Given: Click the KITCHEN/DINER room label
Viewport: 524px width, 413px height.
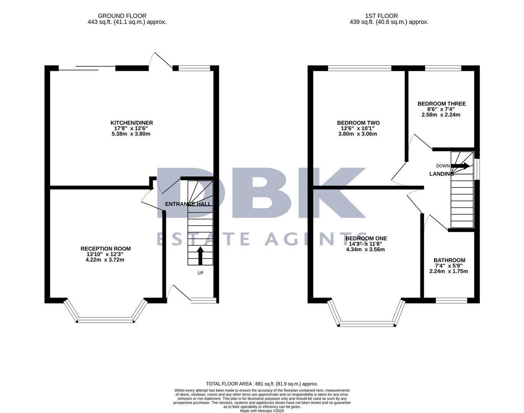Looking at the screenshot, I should (131, 123).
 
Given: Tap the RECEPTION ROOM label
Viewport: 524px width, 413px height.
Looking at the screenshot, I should (105, 249).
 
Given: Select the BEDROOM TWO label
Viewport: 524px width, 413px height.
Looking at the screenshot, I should (358, 123).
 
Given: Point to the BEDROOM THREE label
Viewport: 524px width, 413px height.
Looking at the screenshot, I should (441, 104).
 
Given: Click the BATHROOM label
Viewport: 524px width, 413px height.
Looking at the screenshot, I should (449, 260).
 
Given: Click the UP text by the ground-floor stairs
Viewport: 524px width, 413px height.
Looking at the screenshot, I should (200, 273).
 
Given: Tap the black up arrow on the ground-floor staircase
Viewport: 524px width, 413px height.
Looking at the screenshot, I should (200, 255).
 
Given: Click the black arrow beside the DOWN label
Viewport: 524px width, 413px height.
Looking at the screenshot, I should (460, 166).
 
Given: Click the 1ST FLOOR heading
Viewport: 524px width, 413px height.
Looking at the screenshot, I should (381, 16).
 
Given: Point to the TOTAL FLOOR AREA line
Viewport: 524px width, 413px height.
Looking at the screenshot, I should (262, 384).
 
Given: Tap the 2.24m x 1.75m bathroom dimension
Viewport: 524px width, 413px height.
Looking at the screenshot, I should (449, 272).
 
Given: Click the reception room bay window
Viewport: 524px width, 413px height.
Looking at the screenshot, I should (105, 319).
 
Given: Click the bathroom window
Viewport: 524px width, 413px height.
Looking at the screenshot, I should (451, 300).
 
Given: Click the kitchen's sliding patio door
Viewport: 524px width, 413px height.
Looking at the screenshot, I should (87, 68).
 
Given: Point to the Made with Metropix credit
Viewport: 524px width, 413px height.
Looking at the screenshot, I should (262, 411).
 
